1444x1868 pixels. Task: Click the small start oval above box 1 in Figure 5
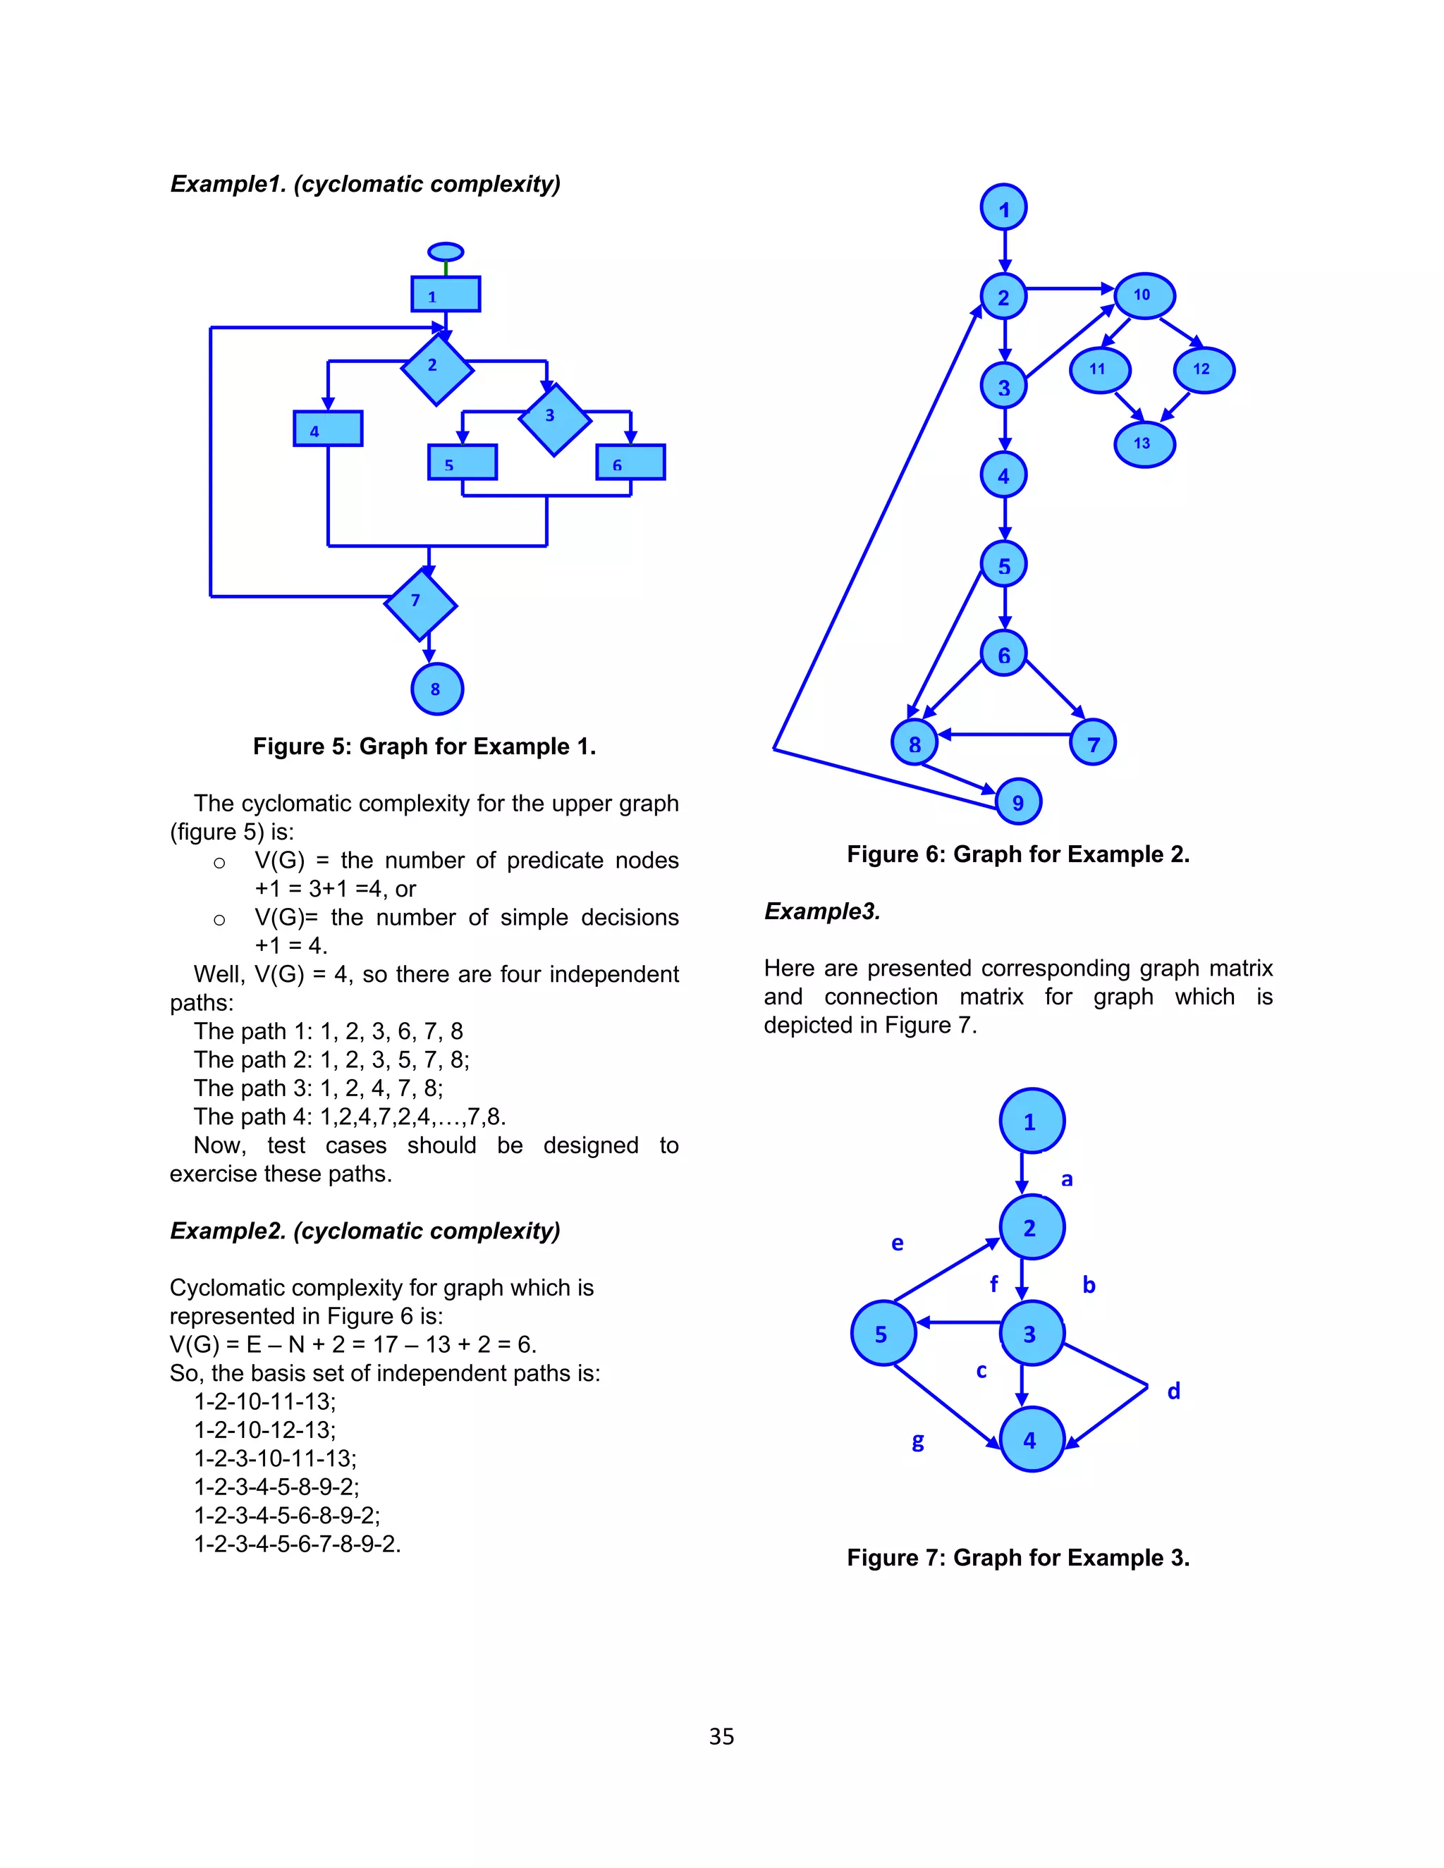coord(446,252)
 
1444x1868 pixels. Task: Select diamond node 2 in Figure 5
coord(436,369)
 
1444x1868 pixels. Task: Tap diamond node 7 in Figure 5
coord(420,605)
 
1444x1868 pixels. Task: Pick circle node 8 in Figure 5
coord(437,689)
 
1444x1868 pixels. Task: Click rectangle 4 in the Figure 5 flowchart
coord(328,429)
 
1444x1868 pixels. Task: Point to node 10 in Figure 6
coord(1144,296)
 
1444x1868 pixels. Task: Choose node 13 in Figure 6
coord(1144,444)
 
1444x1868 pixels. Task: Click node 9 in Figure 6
coord(1018,801)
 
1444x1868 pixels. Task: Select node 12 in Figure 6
coord(1204,369)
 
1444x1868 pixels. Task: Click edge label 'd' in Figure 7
coord(1174,1391)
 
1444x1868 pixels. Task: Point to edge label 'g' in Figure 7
coord(918,1442)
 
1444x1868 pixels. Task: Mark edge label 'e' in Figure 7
coord(898,1243)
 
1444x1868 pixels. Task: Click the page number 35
coord(721,1736)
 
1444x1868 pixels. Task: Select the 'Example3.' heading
coord(821,911)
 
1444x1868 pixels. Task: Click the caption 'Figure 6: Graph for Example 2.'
coord(1018,854)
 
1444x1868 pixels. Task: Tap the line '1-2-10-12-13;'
coord(265,1430)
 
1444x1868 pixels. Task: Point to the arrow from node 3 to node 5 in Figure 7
coord(958,1322)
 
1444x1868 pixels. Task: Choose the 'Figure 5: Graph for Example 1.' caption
coord(424,746)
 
